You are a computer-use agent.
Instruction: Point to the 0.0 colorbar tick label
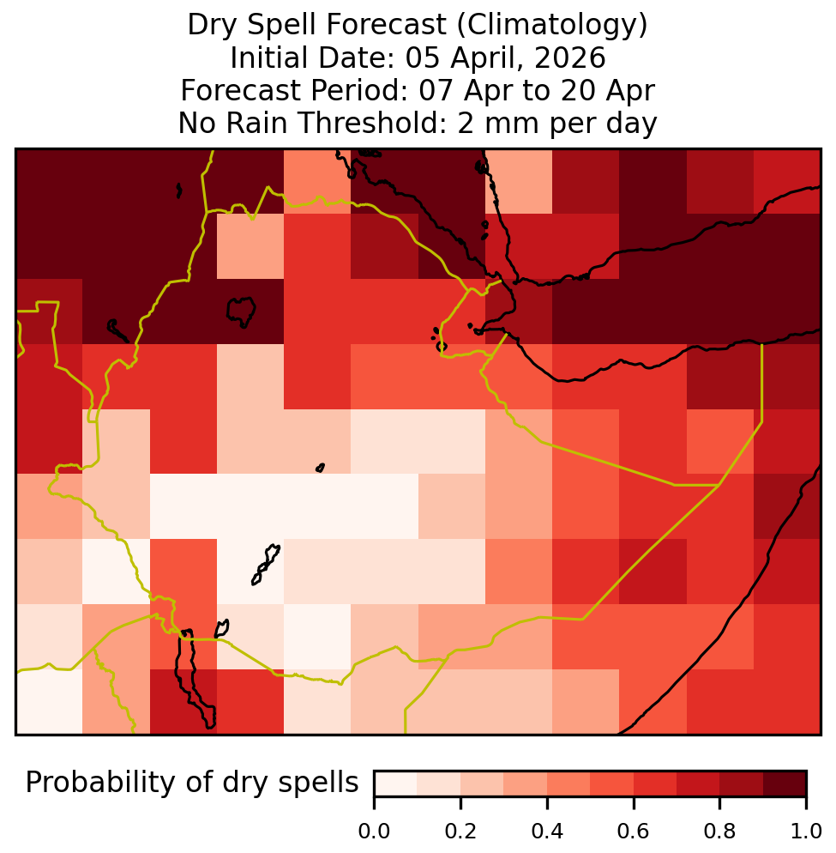(374, 832)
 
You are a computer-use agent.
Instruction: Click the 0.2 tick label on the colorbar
(460, 832)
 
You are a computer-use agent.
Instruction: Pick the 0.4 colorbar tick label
(547, 832)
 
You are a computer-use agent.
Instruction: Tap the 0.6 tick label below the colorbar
(634, 832)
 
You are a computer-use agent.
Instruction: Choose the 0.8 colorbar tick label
(719, 832)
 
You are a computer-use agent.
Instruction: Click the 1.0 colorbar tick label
(806, 832)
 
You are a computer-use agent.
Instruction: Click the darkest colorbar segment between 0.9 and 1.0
(785, 783)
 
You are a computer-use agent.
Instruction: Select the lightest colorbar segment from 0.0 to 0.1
(396, 783)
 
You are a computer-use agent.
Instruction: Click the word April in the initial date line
(484, 58)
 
